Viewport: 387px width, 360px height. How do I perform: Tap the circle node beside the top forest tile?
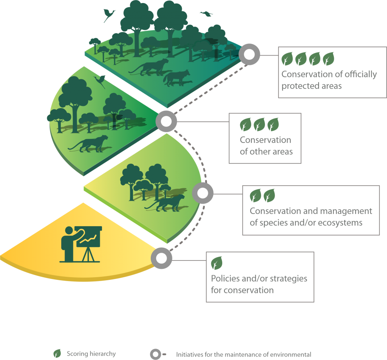(x=249, y=55)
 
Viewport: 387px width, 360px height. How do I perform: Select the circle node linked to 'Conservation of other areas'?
(x=166, y=121)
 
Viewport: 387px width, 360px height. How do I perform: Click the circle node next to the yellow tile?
(x=161, y=258)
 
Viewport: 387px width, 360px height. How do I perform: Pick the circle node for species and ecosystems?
(x=203, y=194)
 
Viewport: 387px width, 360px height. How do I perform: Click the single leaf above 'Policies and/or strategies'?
(x=217, y=262)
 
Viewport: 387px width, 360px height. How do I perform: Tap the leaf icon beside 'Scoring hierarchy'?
(x=57, y=354)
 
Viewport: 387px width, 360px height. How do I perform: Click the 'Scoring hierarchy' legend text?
(x=91, y=354)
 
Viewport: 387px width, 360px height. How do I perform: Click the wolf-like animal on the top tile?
(x=176, y=77)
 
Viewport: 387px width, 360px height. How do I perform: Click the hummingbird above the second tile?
(x=101, y=81)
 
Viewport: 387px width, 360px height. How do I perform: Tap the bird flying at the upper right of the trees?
(x=206, y=14)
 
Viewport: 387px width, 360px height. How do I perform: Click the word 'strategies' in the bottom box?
(x=287, y=279)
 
